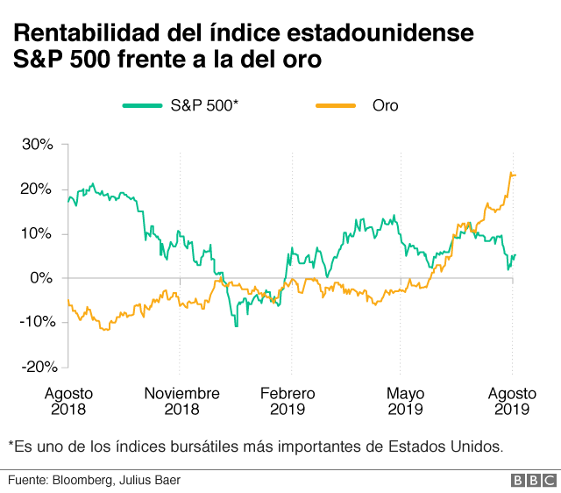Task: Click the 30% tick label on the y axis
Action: coord(39,145)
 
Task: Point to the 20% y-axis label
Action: coord(39,189)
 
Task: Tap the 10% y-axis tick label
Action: coord(39,233)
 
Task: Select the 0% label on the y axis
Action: coord(43,278)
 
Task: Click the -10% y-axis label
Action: coord(36,322)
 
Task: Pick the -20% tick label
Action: coord(36,367)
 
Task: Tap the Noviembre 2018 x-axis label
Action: coord(181,401)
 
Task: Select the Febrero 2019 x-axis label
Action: coord(288,401)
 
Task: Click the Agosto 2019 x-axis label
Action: coord(512,401)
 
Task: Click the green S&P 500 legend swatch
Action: coord(141,106)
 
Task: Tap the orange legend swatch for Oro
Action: coord(335,106)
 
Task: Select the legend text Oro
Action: coord(385,106)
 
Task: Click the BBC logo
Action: coord(531,481)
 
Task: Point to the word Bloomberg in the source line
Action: coord(86,481)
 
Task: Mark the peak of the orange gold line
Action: coord(511,173)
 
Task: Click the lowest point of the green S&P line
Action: coord(235,326)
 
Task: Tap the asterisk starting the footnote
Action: coord(12,444)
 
